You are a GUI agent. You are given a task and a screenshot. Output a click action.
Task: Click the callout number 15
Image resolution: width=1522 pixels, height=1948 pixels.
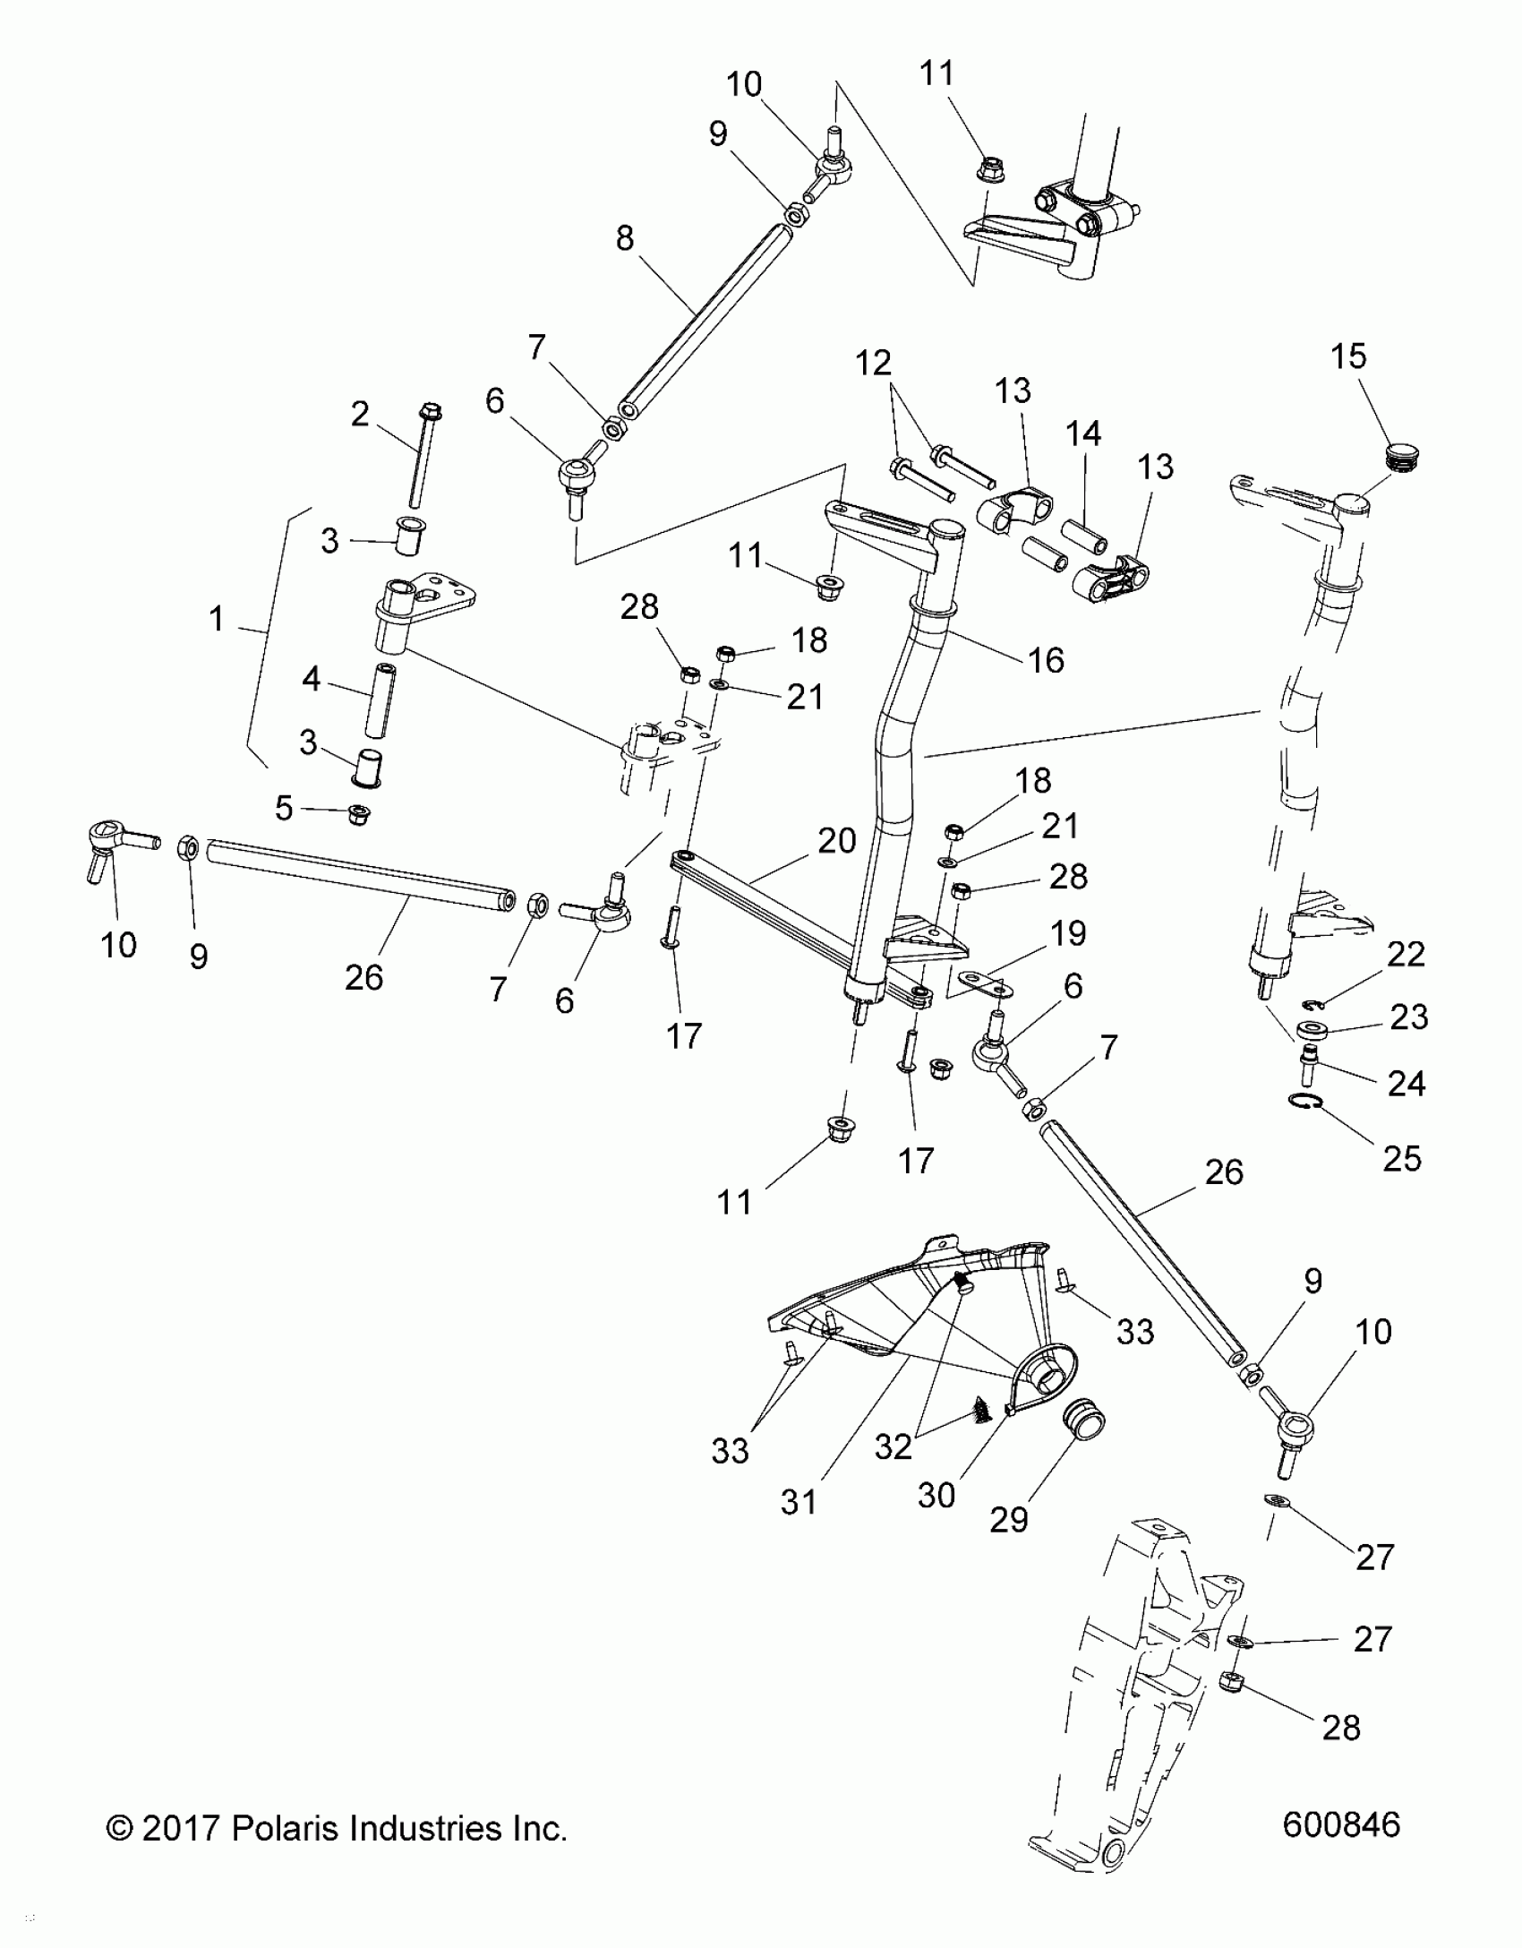[1348, 356]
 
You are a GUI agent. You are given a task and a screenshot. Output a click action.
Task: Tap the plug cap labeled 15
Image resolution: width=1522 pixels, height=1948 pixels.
[1404, 457]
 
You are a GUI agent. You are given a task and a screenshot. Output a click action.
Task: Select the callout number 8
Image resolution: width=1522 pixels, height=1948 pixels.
[625, 238]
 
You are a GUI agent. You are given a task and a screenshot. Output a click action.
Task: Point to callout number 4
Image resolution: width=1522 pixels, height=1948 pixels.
[311, 680]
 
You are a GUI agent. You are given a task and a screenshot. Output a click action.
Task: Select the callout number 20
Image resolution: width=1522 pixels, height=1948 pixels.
[837, 841]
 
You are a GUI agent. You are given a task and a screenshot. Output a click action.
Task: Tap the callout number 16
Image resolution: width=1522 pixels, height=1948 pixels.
[1046, 660]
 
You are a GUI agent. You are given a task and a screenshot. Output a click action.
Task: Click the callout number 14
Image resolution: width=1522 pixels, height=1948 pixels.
[1082, 433]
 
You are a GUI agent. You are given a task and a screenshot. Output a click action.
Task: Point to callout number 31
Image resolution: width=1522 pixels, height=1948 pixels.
[798, 1502]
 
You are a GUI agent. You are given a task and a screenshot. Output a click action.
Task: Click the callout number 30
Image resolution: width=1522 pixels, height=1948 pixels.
[936, 1495]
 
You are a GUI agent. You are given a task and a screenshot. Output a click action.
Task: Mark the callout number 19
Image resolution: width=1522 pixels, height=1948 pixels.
[1067, 933]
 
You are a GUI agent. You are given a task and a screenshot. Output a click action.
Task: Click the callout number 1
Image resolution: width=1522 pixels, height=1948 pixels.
[216, 619]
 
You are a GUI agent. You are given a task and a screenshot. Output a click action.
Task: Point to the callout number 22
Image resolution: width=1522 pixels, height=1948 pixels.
[1405, 954]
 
